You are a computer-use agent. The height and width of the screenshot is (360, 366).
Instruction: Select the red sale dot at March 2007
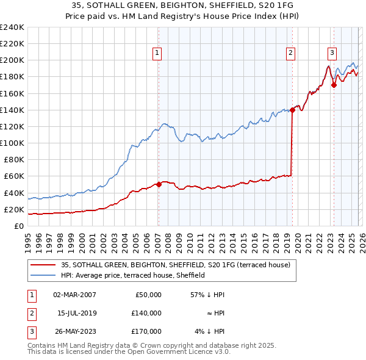tap(159, 184)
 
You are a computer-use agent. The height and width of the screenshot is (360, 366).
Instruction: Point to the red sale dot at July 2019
tap(292, 110)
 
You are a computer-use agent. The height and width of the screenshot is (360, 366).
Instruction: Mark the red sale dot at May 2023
tap(334, 85)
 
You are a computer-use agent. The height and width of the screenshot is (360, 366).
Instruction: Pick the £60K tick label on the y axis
tap(14, 176)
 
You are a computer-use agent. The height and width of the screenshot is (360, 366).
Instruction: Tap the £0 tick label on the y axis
tap(19, 226)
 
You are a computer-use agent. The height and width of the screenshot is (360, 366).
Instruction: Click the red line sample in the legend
tap(43, 265)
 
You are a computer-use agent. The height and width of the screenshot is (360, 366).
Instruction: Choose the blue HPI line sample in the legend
tap(43, 275)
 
